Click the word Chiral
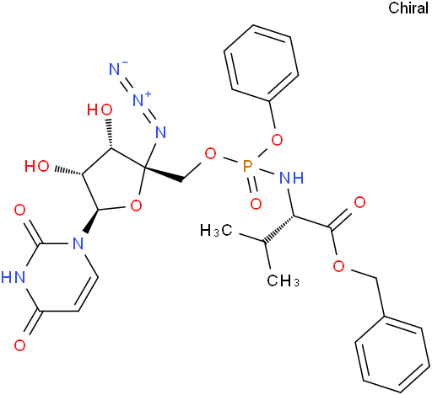pyautogui.click(x=408, y=8)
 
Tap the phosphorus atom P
pyautogui.click(x=247, y=166)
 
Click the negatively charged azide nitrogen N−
pyautogui.click(x=116, y=68)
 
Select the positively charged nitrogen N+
pyautogui.click(x=141, y=99)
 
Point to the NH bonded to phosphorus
pyautogui.click(x=292, y=178)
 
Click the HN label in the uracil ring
pyautogui.click(x=13, y=276)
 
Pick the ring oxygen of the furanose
pyautogui.click(x=136, y=206)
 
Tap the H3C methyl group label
pyautogui.click(x=216, y=231)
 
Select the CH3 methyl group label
pyautogui.click(x=283, y=280)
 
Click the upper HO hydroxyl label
pyautogui.click(x=100, y=109)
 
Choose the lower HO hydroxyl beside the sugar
pyautogui.click(x=37, y=166)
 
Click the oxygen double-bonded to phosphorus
pyautogui.click(x=256, y=204)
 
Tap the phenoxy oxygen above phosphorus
pyautogui.click(x=277, y=140)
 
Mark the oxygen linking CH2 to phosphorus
pyautogui.click(x=210, y=153)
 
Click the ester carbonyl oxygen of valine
pyautogui.click(x=359, y=202)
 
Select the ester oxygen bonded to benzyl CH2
pyautogui.click(x=338, y=265)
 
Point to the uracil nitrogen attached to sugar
pyautogui.click(x=78, y=243)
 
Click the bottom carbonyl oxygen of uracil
pyautogui.click(x=19, y=345)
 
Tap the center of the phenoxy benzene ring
pyautogui.click(x=261, y=63)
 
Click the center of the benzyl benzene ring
pyautogui.click(x=392, y=355)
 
